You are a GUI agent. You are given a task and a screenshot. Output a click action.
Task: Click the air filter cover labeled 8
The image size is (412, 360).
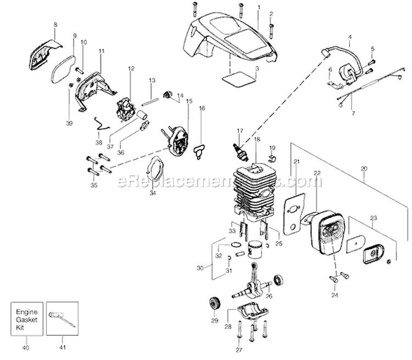[42, 52]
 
